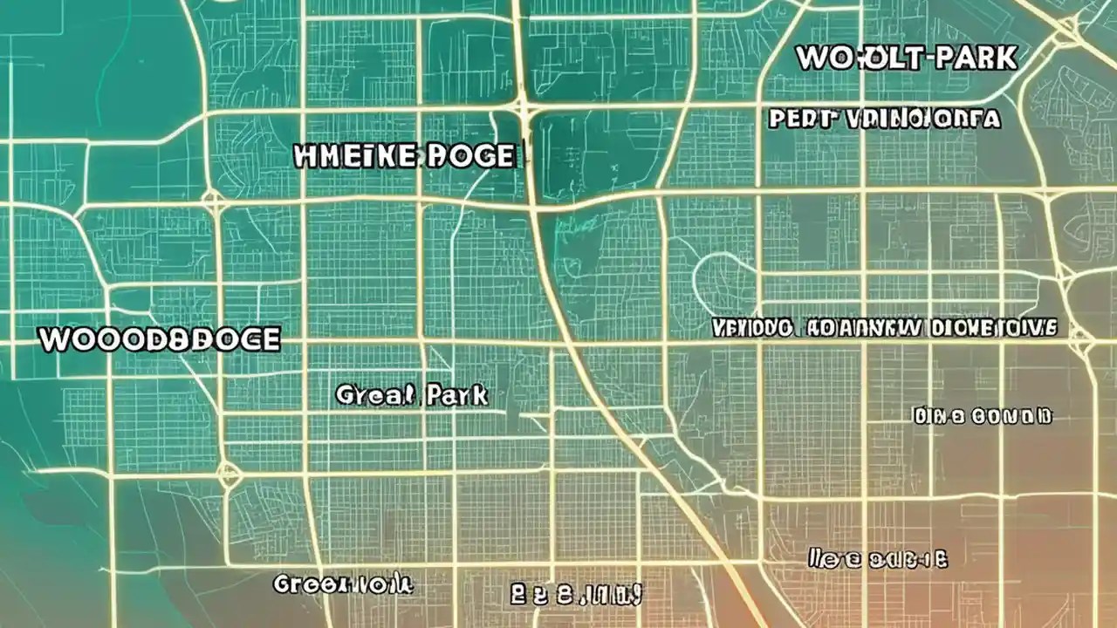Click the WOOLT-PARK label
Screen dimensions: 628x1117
pos(907,58)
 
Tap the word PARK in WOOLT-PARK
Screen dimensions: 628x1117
pos(976,58)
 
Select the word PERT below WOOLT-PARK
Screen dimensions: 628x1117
pos(802,119)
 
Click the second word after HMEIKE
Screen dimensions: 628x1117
pos(471,156)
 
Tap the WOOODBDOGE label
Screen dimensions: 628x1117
pos(160,339)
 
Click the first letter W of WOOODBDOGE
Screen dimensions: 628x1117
pos(54,339)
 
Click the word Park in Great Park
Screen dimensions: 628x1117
pos(457,395)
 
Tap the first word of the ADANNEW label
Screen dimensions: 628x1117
pos(751,328)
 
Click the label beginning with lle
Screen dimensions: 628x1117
pos(878,558)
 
